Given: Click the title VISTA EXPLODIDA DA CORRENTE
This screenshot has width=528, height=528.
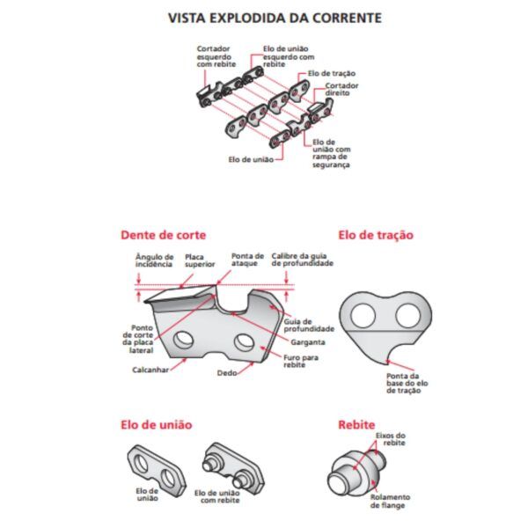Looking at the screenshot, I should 263,17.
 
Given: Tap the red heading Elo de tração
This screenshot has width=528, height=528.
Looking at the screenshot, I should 377,235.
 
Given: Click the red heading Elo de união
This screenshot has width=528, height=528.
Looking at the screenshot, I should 156,425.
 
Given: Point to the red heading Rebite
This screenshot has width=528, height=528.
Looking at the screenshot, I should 356,425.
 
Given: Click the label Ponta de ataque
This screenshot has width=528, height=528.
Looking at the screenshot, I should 247,260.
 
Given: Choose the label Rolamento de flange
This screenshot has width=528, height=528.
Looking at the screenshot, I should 389,502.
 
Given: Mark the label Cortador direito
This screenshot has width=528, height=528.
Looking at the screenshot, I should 342,90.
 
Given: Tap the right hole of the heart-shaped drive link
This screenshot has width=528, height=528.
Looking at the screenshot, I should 406,314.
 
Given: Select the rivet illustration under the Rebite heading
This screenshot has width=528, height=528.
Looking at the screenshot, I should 352,466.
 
